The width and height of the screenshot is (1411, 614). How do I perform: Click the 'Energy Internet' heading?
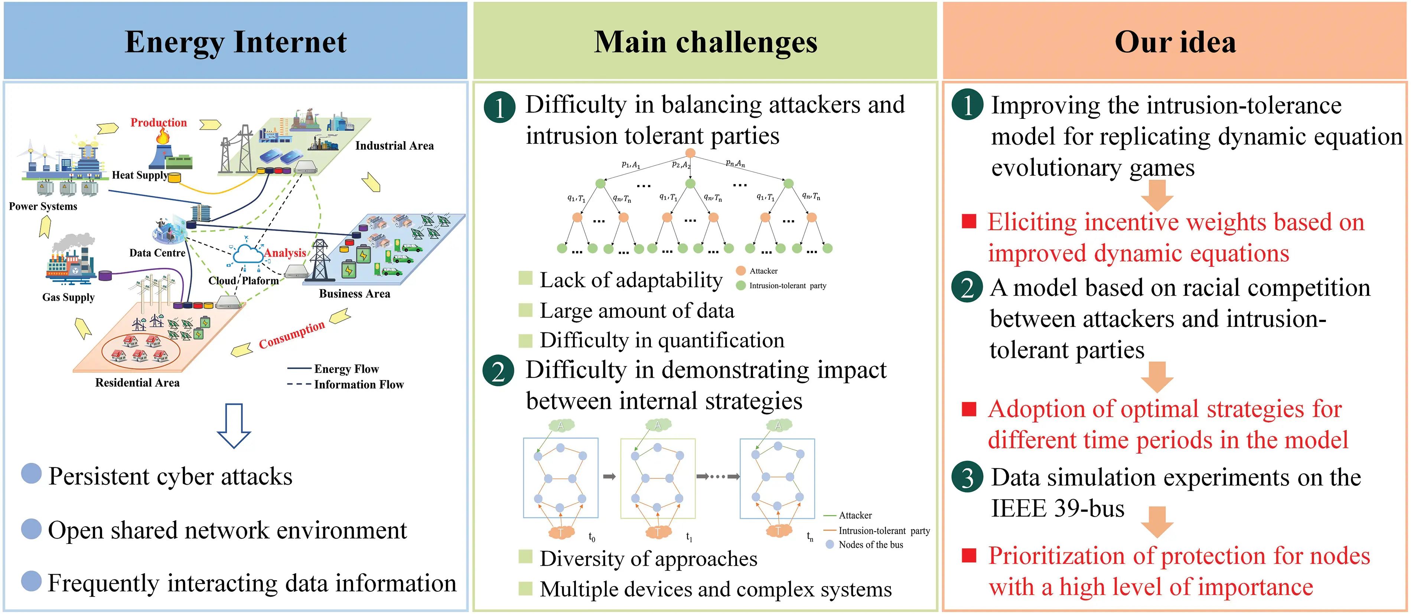point(235,42)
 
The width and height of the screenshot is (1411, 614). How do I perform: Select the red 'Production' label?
point(158,122)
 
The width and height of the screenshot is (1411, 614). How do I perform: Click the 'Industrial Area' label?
point(394,146)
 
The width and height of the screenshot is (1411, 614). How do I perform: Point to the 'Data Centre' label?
point(157,253)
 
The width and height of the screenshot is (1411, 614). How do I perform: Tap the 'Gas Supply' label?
point(68,298)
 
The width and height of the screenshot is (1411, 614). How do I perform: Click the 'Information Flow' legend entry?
point(358,384)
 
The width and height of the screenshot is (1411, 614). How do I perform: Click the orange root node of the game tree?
point(690,153)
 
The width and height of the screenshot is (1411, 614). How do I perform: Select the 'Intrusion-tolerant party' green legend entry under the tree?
point(787,285)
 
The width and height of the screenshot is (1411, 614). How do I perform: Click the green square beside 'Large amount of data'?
point(525,311)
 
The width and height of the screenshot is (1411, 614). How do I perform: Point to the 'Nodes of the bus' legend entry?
point(870,545)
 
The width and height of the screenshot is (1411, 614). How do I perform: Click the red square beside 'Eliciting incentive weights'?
point(969,221)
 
